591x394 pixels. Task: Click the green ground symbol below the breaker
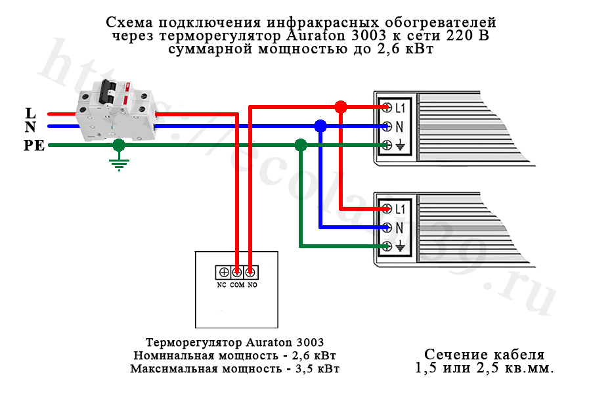118,163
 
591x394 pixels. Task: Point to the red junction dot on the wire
340,106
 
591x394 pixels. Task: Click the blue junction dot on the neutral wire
320,125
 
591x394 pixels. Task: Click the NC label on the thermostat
222,286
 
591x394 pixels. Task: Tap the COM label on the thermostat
237,286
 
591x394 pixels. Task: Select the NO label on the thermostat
252,286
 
